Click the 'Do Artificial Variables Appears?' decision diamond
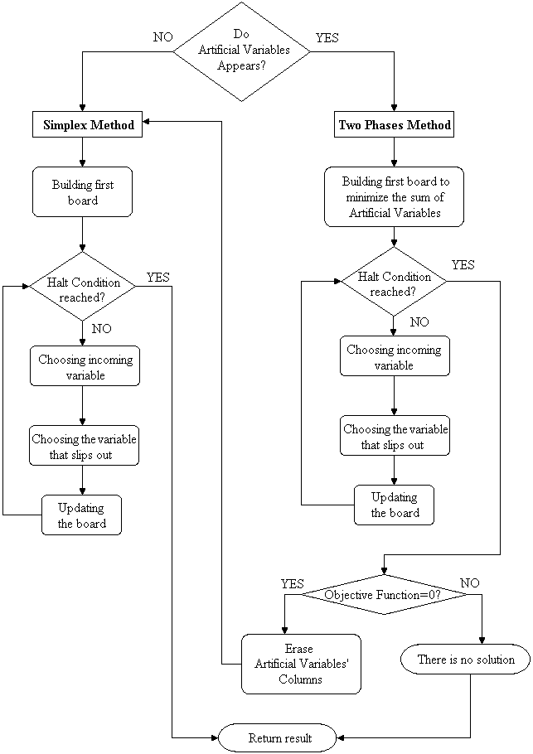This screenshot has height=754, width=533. [x=242, y=51]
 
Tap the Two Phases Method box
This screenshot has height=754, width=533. [x=395, y=125]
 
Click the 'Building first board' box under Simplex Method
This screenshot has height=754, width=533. [x=82, y=192]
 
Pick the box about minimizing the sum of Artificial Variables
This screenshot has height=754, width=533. [x=394, y=197]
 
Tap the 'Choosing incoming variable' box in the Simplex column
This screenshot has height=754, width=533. [x=83, y=366]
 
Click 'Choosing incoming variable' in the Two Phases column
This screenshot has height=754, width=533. [x=394, y=357]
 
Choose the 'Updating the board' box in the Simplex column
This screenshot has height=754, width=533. [x=82, y=515]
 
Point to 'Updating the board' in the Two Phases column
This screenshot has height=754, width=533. [x=395, y=505]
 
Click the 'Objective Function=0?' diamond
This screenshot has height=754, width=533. [x=382, y=595]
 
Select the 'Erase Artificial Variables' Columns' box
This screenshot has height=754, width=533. [x=301, y=664]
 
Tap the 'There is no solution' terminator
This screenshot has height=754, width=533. [x=466, y=660]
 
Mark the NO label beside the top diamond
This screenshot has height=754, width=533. [x=162, y=37]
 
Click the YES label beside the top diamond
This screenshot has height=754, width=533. [x=327, y=37]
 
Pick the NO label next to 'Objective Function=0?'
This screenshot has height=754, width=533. [x=469, y=583]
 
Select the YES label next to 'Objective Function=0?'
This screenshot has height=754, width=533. [x=293, y=583]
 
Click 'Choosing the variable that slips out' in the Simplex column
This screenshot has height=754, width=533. [x=84, y=447]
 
